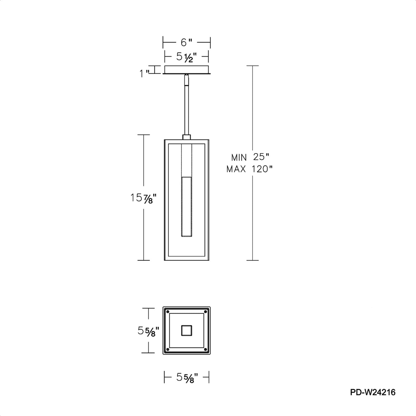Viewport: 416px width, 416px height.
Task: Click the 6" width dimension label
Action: pos(186,43)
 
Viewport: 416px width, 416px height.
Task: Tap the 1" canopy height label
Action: pos(144,74)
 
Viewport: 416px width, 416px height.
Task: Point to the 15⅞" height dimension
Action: pos(143,198)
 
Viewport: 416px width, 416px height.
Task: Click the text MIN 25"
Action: pos(250,157)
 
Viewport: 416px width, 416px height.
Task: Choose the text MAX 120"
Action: pos(249,169)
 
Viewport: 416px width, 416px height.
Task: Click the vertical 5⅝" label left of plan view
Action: pos(148,331)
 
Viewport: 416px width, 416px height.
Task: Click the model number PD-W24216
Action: pos(373,392)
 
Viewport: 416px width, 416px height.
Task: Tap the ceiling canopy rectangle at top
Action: pos(187,69)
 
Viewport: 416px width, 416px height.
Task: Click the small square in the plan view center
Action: pos(187,330)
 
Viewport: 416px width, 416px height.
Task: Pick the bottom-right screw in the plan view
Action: pos(205,349)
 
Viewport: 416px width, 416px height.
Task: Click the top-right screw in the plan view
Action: pos(205,311)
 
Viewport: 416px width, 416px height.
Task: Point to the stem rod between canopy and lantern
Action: pos(187,109)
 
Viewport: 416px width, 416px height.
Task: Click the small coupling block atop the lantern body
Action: pos(187,137)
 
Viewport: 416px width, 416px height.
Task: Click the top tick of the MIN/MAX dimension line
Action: pos(252,66)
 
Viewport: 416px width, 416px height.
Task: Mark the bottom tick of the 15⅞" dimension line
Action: pos(144,260)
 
